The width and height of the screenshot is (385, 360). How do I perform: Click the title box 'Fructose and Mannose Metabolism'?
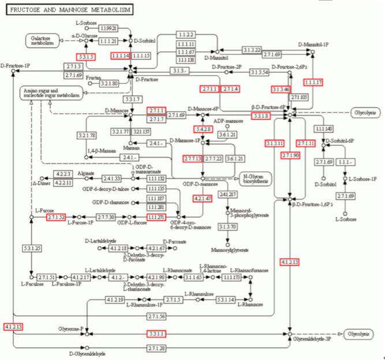[x=68, y=10]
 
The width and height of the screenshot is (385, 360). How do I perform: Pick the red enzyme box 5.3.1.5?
[x=86, y=57]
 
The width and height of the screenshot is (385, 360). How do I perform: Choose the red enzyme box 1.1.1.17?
[x=312, y=83]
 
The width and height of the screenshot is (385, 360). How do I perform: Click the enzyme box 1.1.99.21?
[x=108, y=28]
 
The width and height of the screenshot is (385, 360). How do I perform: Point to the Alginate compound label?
[x=87, y=172]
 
